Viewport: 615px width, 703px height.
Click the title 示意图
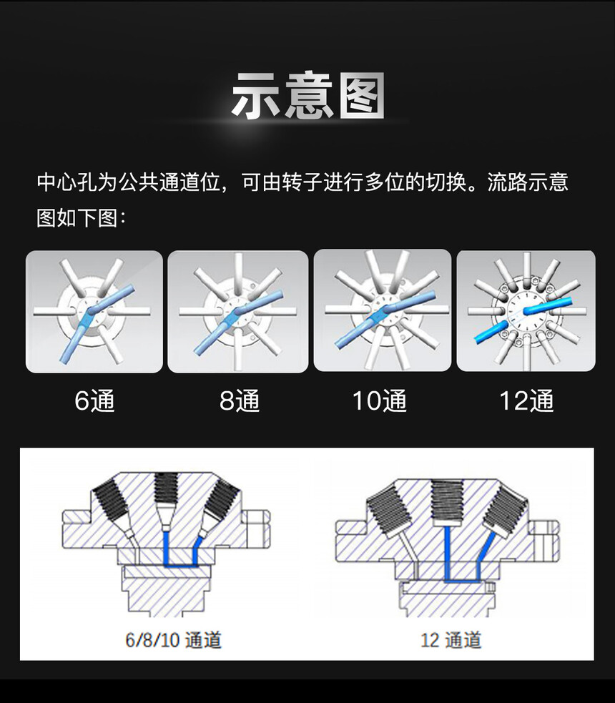[x=308, y=96]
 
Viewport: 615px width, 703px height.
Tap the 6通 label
[x=94, y=400]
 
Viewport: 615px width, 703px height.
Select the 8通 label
[x=240, y=400]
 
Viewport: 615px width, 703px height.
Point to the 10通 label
[x=380, y=400]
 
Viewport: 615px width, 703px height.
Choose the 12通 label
[x=526, y=400]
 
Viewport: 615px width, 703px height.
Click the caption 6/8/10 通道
[x=173, y=640]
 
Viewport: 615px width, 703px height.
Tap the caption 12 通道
[x=451, y=640]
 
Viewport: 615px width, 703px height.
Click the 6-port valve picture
[x=94, y=312]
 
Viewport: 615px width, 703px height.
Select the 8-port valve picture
[x=238, y=312]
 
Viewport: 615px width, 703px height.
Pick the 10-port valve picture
[x=383, y=310]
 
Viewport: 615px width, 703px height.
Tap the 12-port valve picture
[x=526, y=310]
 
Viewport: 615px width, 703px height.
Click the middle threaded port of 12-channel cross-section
[x=446, y=502]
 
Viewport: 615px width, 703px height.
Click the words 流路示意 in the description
[x=528, y=182]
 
